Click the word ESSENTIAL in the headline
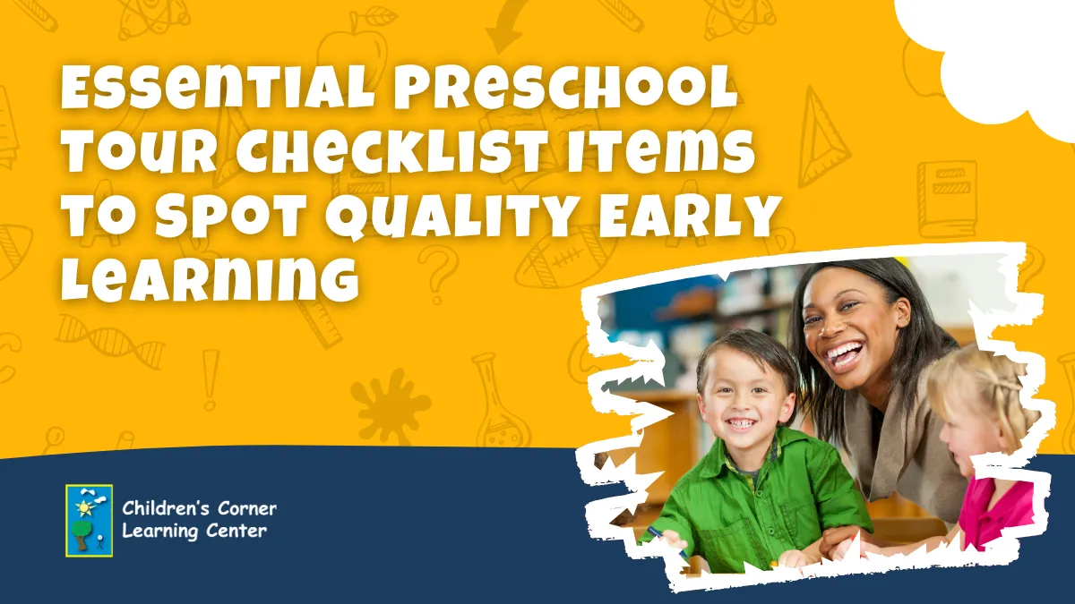coord(217,90)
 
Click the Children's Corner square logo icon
coord(90,521)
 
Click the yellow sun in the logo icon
coord(83,507)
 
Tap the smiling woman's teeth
coord(843,354)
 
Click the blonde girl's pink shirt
coord(996,513)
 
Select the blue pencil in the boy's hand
coord(665,540)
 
